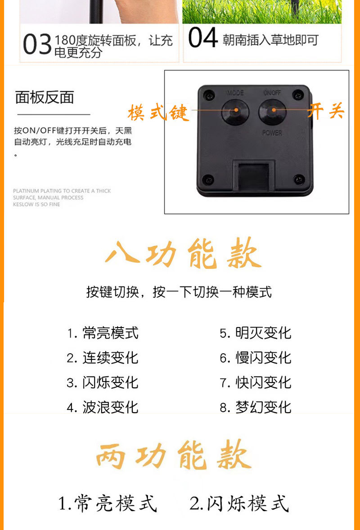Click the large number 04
203,38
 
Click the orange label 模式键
158,112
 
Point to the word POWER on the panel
272,133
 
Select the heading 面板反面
45,97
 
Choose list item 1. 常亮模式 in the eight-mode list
103,333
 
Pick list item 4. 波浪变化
103,407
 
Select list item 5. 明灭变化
255,333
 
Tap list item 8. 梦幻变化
255,407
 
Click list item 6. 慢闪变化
255,358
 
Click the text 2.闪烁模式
239,503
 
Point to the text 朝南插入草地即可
270,40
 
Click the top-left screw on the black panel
208,95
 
